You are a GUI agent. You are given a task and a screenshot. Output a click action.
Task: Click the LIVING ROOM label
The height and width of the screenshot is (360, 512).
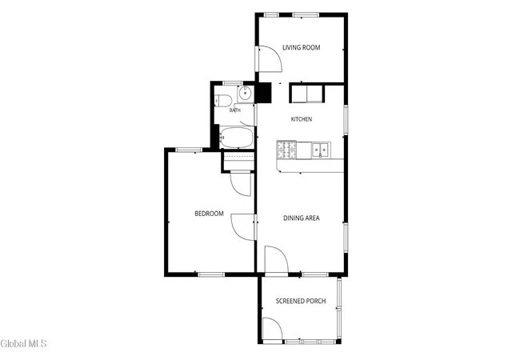(x=301, y=47)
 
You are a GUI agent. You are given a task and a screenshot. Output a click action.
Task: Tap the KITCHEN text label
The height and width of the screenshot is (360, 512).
(x=302, y=119)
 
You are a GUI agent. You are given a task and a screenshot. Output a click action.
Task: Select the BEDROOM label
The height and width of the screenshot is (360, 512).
(x=209, y=214)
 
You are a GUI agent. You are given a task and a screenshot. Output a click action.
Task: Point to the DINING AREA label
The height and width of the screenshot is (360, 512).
(x=302, y=218)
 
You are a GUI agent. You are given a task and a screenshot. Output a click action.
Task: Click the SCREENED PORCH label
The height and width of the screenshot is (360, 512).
(x=301, y=301)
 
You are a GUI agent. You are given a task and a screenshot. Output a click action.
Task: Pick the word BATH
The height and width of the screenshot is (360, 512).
(x=234, y=110)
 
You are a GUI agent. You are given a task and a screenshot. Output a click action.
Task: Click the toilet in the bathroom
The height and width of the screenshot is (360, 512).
(x=222, y=100)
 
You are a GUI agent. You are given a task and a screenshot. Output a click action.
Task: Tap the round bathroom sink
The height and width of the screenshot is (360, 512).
(x=246, y=94)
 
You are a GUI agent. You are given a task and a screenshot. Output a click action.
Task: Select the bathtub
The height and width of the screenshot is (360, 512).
(x=237, y=138)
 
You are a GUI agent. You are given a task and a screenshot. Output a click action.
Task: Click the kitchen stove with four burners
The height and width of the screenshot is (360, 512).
(x=286, y=150)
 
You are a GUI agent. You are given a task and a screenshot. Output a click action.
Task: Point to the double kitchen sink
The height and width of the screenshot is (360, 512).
(x=321, y=150)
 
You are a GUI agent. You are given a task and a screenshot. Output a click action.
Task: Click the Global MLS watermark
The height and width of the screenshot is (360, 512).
(x=23, y=344)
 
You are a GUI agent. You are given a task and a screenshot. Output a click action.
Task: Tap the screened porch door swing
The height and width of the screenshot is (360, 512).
(x=272, y=329)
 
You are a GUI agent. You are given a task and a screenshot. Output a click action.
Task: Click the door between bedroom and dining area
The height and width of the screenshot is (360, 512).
(x=242, y=227)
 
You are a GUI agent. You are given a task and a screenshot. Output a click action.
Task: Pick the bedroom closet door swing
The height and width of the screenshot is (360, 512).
(x=241, y=185)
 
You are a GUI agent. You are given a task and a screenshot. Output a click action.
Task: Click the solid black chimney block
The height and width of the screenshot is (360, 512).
(x=263, y=93)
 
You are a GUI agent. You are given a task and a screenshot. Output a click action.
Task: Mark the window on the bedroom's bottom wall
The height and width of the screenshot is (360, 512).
(x=211, y=274)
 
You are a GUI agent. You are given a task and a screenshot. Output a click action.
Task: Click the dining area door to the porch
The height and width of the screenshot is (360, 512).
(x=277, y=259)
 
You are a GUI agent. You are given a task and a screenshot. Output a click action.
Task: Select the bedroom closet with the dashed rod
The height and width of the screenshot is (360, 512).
(x=238, y=161)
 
